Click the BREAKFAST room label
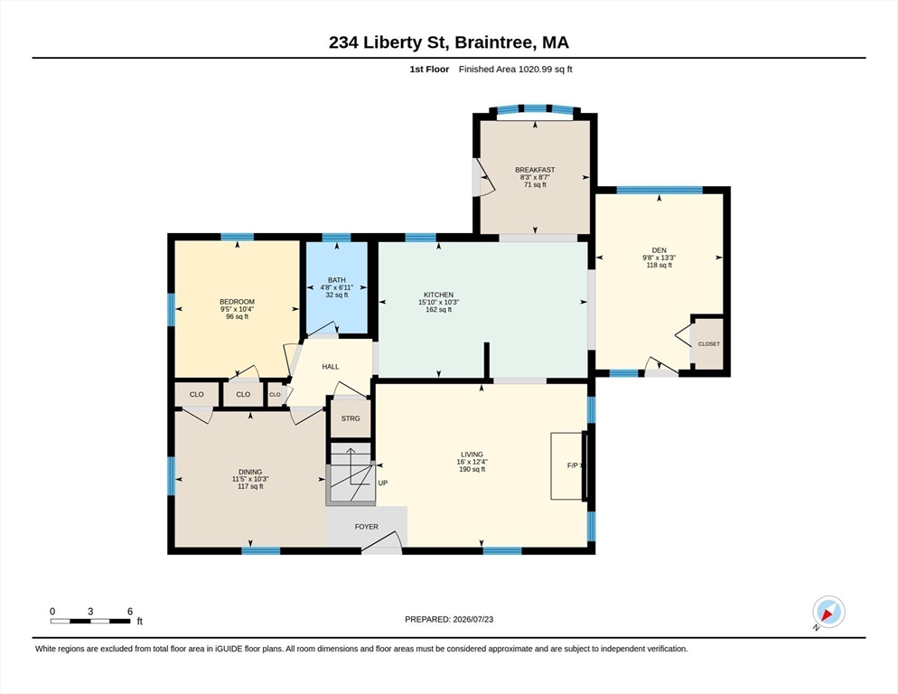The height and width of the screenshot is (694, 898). [x=535, y=170]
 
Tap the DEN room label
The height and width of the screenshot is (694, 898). [x=659, y=250]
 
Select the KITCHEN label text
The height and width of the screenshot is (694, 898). [x=439, y=295]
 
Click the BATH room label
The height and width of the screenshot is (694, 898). [x=337, y=280]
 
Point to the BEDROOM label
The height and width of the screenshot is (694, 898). [x=237, y=302]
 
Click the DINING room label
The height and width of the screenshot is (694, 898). [x=250, y=473]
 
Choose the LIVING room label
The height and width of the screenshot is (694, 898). [x=472, y=455]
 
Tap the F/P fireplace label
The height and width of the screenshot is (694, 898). [x=572, y=466]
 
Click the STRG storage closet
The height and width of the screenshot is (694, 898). [x=351, y=418]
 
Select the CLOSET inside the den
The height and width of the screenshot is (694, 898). [x=709, y=344]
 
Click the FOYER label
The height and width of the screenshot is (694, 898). [x=367, y=527]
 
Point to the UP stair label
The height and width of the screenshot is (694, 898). [x=382, y=483]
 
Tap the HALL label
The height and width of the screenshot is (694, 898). [x=331, y=367]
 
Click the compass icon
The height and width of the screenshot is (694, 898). [x=828, y=612]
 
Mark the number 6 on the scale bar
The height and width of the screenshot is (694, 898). [x=130, y=612]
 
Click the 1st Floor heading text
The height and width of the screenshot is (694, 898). [x=429, y=70]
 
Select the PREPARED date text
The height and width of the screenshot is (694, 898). [x=449, y=620]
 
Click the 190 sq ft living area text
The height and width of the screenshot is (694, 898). [x=472, y=469]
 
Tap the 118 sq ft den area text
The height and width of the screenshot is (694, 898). [x=659, y=266]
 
